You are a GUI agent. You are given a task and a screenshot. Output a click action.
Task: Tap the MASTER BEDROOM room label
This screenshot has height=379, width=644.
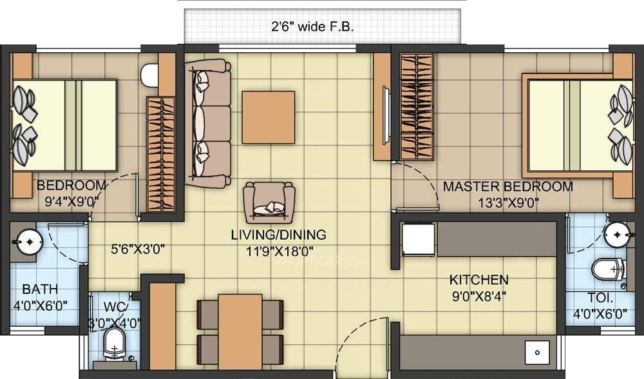coord(507,187)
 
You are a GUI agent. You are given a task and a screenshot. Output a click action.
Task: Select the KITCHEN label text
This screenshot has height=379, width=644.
coord(478,280)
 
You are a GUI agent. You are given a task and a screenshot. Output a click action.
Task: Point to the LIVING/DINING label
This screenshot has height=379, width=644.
coord(278,235)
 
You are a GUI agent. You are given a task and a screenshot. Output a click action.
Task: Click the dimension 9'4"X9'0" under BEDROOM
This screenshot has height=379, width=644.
coord(71,200)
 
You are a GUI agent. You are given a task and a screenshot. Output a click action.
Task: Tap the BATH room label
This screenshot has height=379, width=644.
coord(37,289)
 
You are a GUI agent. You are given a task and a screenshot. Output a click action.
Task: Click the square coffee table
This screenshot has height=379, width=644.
coord(268,117)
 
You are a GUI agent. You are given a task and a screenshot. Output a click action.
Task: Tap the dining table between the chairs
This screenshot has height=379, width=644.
coord(240,335)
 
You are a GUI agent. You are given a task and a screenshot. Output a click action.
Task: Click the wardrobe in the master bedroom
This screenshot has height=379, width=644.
coord(416,106)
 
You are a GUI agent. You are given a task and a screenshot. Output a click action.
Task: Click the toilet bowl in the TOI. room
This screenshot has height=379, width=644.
coord(607,269)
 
